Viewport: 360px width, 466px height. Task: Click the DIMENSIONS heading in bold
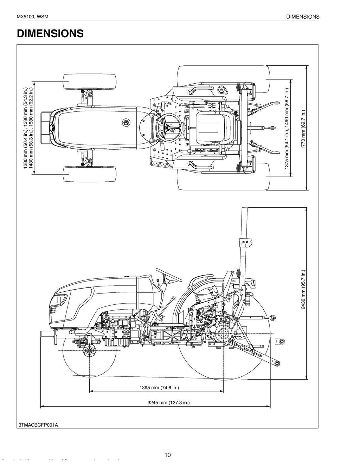50,33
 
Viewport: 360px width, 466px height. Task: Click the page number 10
167,455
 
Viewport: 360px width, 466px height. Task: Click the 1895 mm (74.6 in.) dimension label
159,388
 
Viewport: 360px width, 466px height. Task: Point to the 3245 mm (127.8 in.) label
168,402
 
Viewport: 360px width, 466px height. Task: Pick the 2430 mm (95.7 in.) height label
303,289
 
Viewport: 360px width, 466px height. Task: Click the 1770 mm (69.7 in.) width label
303,129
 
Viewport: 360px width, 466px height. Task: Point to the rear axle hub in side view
223,332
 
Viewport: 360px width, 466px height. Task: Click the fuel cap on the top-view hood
126,122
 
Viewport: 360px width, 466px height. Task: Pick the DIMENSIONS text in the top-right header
303,17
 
